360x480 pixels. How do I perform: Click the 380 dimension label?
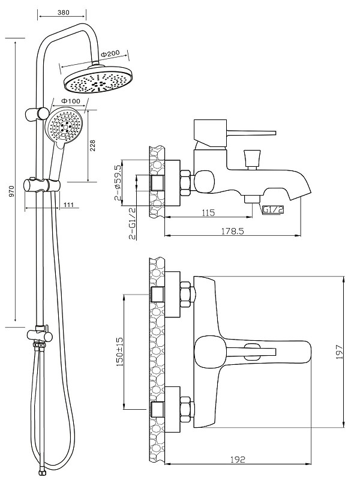click(x=63, y=13)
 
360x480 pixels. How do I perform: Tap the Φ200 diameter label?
click(x=110, y=54)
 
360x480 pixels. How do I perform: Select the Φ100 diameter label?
click(x=71, y=101)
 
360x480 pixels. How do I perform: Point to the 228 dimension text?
click(x=92, y=145)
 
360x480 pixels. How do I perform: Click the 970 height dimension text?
click(x=11, y=191)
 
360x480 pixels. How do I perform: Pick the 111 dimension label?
click(x=68, y=205)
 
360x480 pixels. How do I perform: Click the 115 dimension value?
click(x=208, y=212)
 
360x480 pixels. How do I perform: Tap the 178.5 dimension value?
click(x=232, y=231)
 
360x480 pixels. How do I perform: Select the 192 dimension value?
click(x=238, y=460)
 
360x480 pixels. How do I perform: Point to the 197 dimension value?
click(x=339, y=352)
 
